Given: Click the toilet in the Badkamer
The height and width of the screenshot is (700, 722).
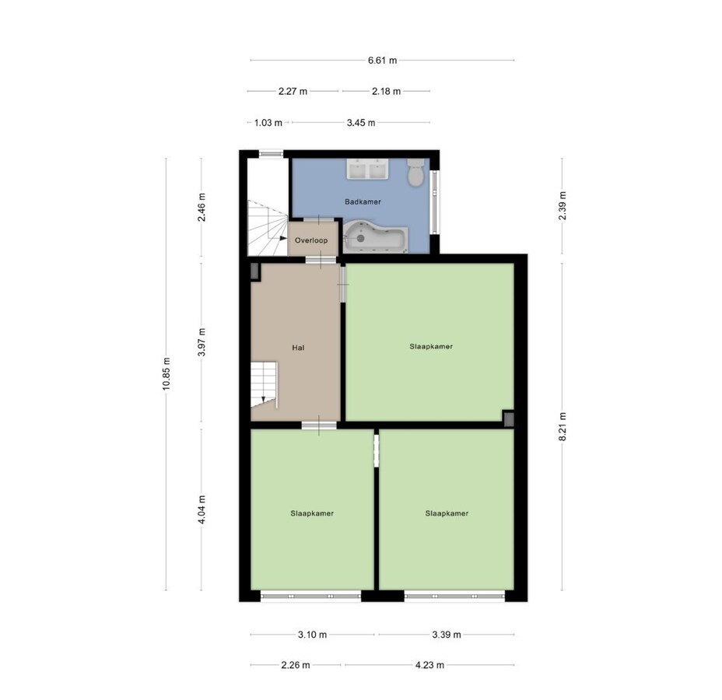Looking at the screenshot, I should (416, 172).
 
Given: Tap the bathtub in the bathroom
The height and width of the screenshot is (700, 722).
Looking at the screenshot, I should (375, 236).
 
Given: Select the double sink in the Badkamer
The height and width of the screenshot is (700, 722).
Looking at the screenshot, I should (368, 170).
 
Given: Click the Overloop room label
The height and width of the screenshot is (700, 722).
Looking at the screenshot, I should (311, 240).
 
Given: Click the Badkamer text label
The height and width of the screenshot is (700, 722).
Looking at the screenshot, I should (363, 201).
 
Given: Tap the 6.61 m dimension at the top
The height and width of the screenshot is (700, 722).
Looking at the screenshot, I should (382, 60).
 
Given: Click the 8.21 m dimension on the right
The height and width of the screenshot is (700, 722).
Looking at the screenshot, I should (563, 426).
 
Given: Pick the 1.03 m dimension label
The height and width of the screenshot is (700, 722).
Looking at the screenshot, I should (268, 122).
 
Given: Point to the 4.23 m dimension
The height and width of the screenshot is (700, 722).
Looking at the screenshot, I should (429, 665).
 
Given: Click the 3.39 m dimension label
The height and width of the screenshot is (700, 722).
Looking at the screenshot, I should (446, 635).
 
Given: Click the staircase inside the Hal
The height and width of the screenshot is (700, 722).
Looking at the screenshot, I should (264, 384).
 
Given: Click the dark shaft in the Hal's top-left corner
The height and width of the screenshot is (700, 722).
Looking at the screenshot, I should (255, 271).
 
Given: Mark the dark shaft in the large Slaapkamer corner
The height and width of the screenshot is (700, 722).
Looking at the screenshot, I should (509, 419).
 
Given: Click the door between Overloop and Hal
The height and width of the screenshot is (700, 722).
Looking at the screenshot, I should (315, 260).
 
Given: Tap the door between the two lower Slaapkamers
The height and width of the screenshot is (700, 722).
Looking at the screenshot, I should (376, 450).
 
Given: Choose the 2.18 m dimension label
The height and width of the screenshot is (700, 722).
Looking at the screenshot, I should (386, 91).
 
